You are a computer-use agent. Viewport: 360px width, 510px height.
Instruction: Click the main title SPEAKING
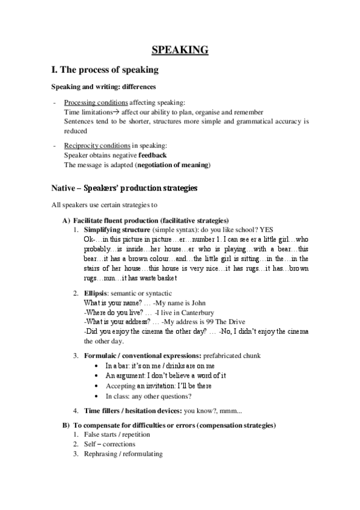pyautogui.click(x=180, y=49)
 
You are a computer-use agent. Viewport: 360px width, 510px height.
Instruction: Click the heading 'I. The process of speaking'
pyautogui.click(x=105, y=70)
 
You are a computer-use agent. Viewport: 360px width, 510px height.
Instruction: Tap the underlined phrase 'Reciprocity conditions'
pyautogui.click(x=97, y=146)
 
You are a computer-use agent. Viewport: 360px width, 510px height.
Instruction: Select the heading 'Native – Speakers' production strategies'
pyautogui.click(x=124, y=188)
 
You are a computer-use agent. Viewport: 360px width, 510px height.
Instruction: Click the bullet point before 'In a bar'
pyautogui.click(x=97, y=366)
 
